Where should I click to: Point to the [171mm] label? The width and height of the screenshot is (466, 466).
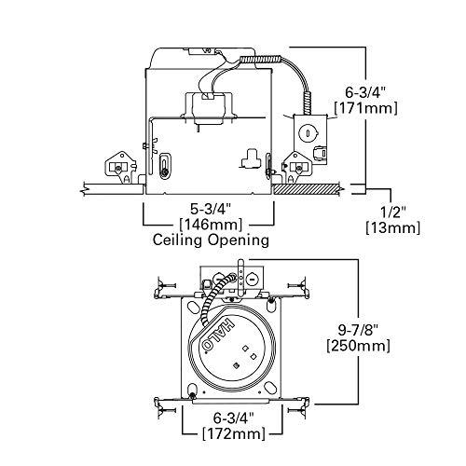tap(371, 108)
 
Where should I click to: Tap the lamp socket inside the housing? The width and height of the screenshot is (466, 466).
tap(213, 101)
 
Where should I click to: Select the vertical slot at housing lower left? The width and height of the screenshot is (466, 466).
tap(165, 169)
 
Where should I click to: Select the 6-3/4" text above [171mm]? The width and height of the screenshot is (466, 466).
tap(371, 92)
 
